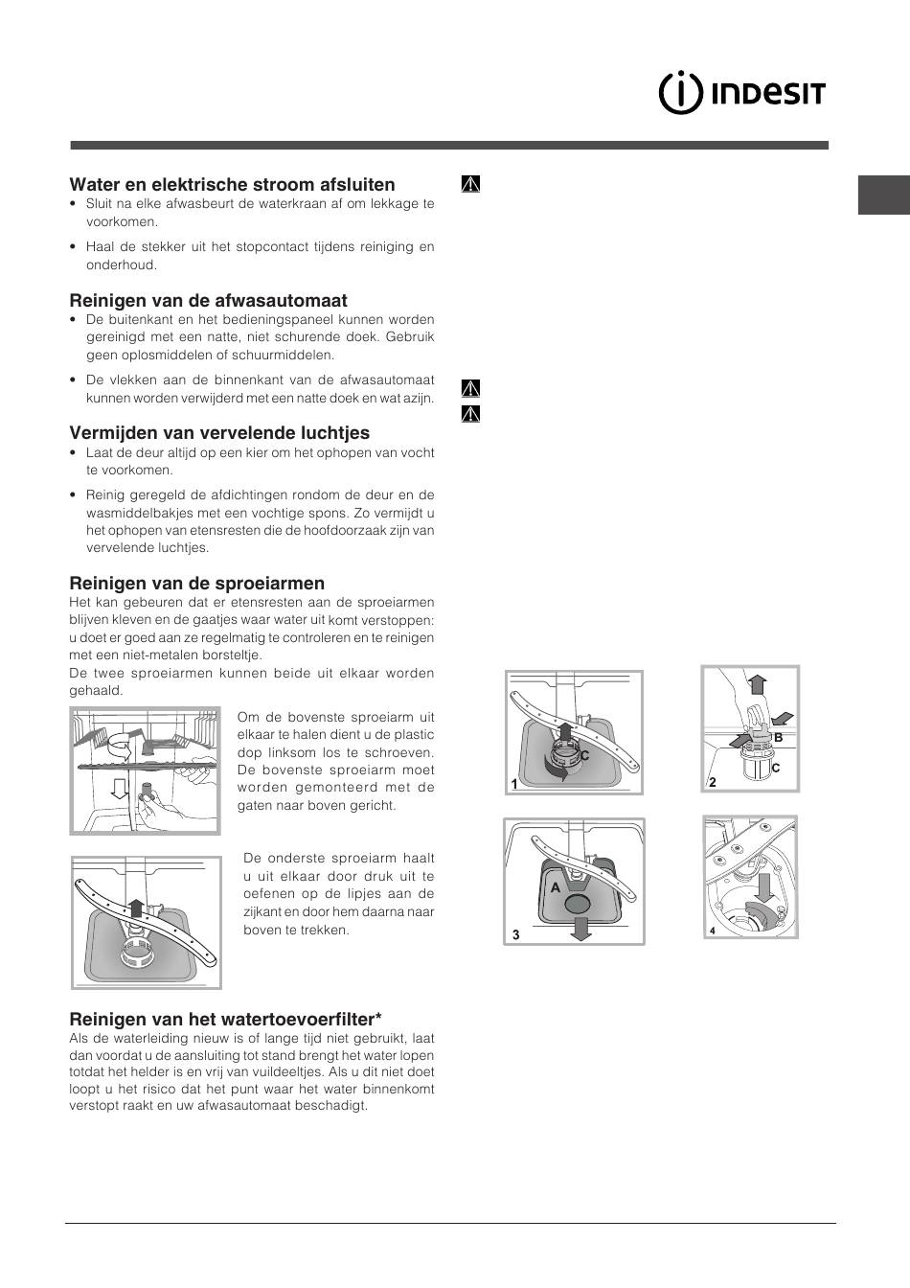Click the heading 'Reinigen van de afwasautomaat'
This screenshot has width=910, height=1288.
pos(208,300)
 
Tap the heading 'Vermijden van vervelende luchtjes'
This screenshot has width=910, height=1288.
pos(219,432)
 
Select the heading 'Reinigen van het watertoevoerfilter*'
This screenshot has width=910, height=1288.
pos(225,1019)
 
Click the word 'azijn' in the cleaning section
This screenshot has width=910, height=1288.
pos(419,398)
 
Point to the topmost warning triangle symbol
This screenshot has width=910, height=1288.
pos(469,183)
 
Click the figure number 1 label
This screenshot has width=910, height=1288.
pos(514,784)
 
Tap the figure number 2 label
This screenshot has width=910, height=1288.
pos(712,782)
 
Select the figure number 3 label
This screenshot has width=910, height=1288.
pos(515,934)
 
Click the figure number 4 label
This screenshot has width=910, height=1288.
pos(712,930)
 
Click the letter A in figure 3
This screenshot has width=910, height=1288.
pos(555,887)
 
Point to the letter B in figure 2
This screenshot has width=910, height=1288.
pos(778,737)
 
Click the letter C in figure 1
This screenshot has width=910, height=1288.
pos(582,756)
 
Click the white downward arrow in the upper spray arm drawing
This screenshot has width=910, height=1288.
pos(120,789)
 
